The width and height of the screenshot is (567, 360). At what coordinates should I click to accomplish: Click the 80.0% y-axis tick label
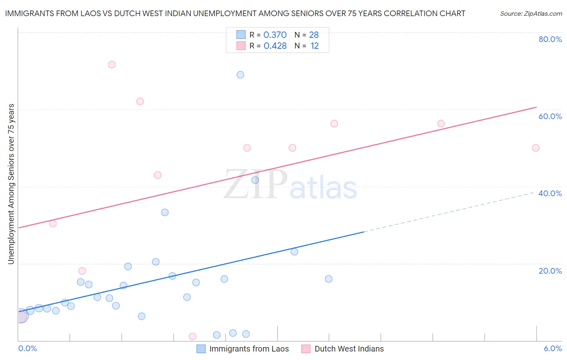pyautogui.click(x=550, y=39)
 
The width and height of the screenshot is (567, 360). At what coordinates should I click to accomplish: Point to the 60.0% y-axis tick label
pyautogui.click(x=550, y=116)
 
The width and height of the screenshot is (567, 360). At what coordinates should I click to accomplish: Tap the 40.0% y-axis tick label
pyautogui.click(x=550, y=193)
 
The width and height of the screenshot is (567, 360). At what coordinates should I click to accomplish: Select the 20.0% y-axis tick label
pyautogui.click(x=550, y=271)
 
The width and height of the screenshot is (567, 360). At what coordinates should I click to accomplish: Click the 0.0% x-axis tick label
pyautogui.click(x=27, y=348)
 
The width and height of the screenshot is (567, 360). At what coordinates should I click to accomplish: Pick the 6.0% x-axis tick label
pyautogui.click(x=552, y=348)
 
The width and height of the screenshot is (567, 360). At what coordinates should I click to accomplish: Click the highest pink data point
pyautogui.click(x=112, y=65)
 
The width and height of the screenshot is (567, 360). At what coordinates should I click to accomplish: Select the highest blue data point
pyautogui.click(x=240, y=75)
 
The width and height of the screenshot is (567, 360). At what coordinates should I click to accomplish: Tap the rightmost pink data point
pyautogui.click(x=536, y=148)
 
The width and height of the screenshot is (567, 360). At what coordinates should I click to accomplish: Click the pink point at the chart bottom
pyautogui.click(x=192, y=337)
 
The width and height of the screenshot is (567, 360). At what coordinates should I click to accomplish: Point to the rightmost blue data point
pyautogui.click(x=329, y=279)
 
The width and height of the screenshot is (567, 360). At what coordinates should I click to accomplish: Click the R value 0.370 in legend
pyautogui.click(x=275, y=35)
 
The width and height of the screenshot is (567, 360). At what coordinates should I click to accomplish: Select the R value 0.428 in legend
pyautogui.click(x=275, y=46)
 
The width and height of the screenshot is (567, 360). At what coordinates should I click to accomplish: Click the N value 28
pyautogui.click(x=314, y=35)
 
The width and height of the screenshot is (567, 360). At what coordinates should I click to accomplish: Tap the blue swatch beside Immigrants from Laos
pyautogui.click(x=201, y=349)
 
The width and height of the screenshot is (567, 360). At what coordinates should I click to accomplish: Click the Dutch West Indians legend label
pyautogui.click(x=349, y=349)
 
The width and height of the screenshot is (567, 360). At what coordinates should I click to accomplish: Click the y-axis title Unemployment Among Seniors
pyautogui.click(x=11, y=184)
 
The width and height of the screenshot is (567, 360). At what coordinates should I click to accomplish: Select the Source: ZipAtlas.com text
pyautogui.click(x=531, y=14)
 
